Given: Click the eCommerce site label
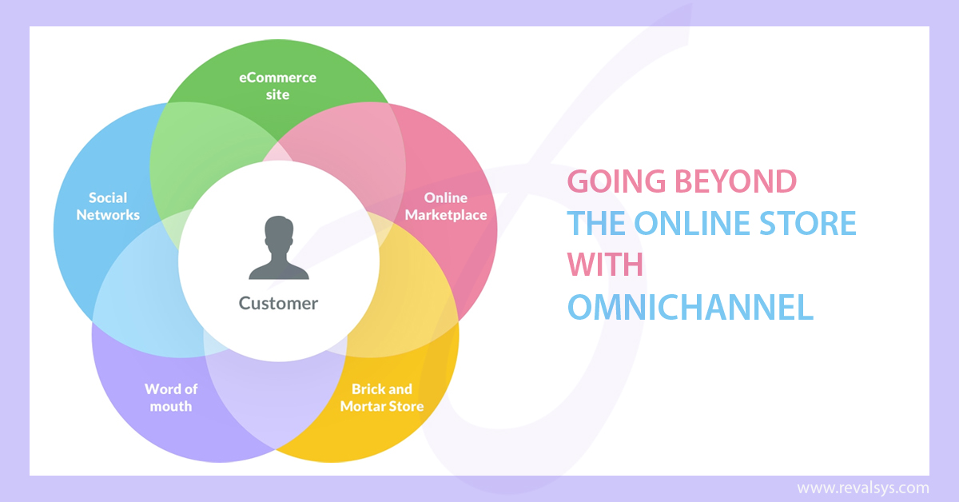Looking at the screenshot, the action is (x=277, y=86).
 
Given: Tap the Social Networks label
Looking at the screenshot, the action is (x=108, y=206).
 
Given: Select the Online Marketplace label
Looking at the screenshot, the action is (x=446, y=206).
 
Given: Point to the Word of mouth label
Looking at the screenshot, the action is (x=171, y=397).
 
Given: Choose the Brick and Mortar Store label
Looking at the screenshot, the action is (x=382, y=397).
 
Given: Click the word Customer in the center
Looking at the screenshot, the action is (x=278, y=303).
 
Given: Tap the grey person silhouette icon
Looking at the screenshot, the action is (x=279, y=248).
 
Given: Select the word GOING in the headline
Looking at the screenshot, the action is (x=616, y=181).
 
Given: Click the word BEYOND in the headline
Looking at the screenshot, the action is (x=735, y=181).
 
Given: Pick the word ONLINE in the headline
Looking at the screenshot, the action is (x=692, y=223).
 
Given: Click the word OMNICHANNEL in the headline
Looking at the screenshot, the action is (x=690, y=307).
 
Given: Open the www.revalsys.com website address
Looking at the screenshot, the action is (x=862, y=488).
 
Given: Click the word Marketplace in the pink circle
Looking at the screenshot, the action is (x=446, y=214).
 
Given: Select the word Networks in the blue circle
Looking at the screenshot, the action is (x=108, y=214).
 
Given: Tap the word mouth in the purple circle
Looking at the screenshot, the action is (x=171, y=406).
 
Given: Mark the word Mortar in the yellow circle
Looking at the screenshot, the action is (x=361, y=406).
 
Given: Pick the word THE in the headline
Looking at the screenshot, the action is (x=596, y=223).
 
